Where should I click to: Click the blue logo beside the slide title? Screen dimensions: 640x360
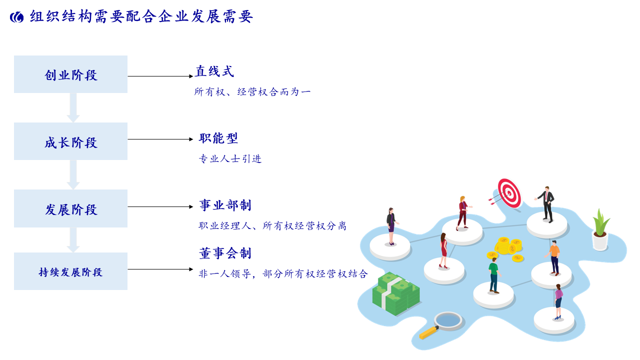16,17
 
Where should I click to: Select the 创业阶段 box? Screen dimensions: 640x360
70,74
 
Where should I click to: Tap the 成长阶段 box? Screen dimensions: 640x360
70,141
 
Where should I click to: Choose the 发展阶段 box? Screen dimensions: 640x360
70,208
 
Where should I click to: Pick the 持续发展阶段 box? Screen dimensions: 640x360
70,271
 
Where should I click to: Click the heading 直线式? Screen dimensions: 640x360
214,71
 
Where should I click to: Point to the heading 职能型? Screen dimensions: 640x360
218,138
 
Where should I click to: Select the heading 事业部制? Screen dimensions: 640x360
225,205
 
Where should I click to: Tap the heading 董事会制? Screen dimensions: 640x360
225,253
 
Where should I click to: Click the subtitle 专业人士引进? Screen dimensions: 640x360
230,158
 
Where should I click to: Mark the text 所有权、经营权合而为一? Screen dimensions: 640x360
252,91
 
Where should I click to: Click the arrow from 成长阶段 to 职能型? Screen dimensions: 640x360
160,139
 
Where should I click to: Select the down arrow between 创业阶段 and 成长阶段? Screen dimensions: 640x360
73,107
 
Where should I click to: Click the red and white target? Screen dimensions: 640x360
509,193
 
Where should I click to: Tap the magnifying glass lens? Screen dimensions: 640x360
447,321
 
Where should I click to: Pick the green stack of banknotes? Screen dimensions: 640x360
396,294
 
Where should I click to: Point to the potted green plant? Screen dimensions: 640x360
600,230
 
